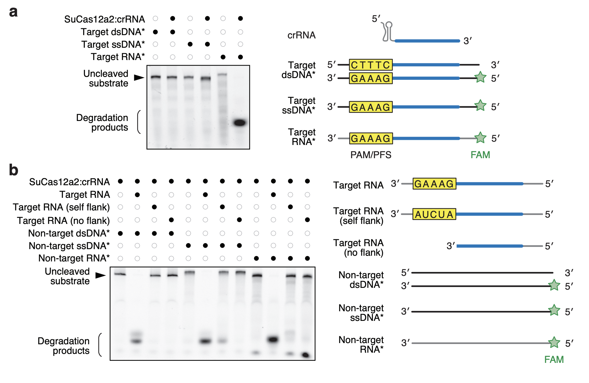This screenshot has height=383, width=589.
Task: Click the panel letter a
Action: point(14,12)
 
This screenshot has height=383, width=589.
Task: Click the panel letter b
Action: point(14,170)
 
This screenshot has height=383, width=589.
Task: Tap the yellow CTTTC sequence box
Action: point(371,65)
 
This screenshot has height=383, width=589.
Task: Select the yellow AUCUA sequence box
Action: point(434,214)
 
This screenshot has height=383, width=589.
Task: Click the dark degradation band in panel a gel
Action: point(240,122)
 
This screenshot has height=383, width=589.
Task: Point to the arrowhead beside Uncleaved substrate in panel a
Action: point(139,78)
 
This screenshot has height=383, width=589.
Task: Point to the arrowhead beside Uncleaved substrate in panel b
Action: point(101,275)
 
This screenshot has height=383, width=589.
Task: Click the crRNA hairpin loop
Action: point(389,24)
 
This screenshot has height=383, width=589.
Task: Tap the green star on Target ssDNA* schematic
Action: point(480,106)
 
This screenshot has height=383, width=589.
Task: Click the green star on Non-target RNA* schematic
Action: point(554,342)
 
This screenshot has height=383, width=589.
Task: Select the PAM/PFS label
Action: point(371,155)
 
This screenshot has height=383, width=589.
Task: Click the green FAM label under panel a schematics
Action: point(480,155)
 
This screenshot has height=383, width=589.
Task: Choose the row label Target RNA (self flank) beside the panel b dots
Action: point(61,207)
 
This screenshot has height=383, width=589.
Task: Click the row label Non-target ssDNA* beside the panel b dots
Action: point(69,246)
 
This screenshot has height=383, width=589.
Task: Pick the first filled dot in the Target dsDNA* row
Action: point(156,32)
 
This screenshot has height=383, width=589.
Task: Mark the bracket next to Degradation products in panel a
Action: point(139,122)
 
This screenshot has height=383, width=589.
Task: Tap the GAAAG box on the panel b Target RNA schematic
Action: point(434,184)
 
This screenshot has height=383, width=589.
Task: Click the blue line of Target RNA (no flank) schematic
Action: point(490,246)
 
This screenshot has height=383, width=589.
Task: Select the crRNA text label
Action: point(301,35)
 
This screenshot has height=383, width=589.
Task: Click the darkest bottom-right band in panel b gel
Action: point(306,355)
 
